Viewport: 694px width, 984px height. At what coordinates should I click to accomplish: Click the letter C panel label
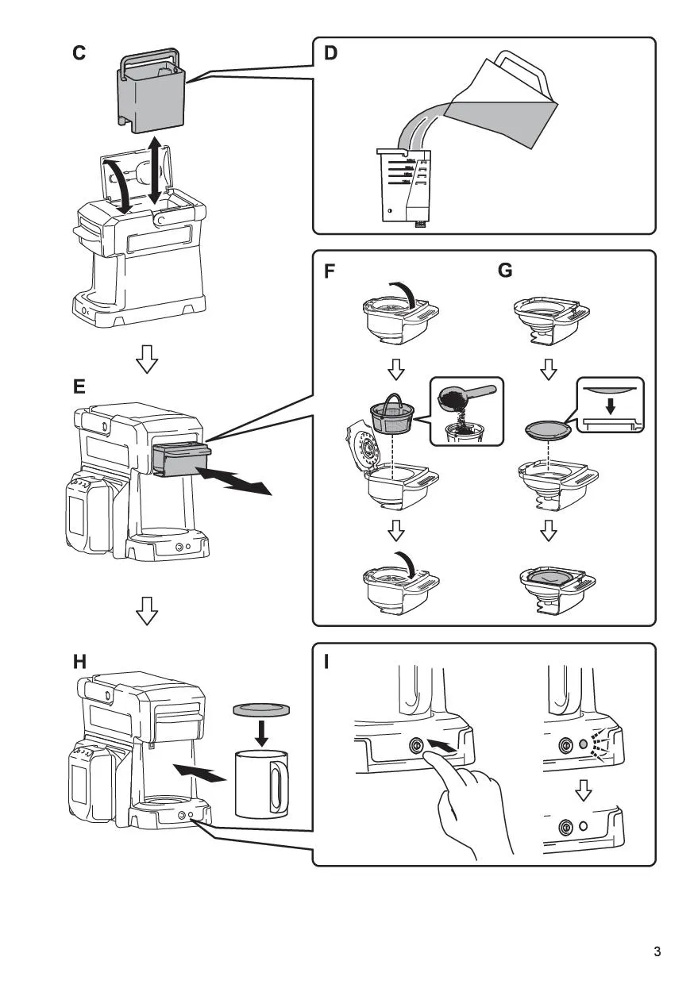pos(79,54)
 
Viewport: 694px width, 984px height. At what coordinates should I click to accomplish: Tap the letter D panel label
pos(330,54)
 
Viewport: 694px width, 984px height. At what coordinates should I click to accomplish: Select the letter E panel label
pos(79,387)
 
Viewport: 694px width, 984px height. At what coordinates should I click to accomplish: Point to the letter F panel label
pos(330,271)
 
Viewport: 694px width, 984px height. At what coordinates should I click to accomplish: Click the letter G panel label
pos(505,271)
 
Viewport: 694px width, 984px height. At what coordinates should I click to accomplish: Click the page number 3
pos(657,951)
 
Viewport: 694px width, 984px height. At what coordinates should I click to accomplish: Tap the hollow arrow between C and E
pos(147,361)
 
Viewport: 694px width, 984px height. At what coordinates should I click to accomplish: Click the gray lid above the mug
pos(260,709)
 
